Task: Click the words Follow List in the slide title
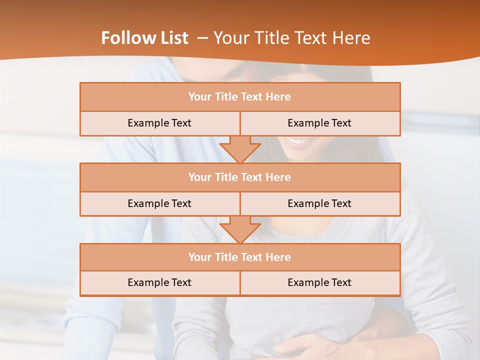(x=144, y=38)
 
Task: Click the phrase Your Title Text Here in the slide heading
(x=291, y=38)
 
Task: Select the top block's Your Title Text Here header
(x=239, y=97)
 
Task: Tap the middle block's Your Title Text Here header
(x=239, y=177)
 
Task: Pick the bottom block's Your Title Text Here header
(x=239, y=257)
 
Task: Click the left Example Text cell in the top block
(x=159, y=123)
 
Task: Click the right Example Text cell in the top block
(x=319, y=123)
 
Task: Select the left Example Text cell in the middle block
(x=159, y=203)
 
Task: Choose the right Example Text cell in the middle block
(x=319, y=203)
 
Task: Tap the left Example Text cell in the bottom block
(x=159, y=282)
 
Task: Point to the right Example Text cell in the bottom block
(x=319, y=282)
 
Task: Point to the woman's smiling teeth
(x=299, y=142)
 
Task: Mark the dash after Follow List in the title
(x=202, y=38)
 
